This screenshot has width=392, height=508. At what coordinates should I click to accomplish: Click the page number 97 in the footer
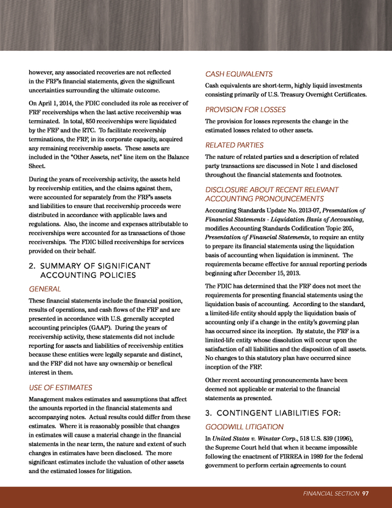point(365,494)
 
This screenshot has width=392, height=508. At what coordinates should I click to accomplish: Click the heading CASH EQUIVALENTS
point(239,74)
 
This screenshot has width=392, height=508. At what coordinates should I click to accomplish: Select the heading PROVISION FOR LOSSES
point(245,110)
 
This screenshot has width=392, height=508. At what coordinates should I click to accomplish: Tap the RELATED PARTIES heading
point(234,145)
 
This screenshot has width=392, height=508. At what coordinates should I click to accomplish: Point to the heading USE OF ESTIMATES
point(61,388)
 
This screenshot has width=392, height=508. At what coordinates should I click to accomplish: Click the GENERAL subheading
point(45,289)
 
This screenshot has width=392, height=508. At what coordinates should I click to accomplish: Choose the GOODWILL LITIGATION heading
point(244,426)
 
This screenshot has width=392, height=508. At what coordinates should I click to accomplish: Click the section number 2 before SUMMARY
point(31,265)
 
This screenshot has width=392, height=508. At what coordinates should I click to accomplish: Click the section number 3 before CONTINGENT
point(208,412)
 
